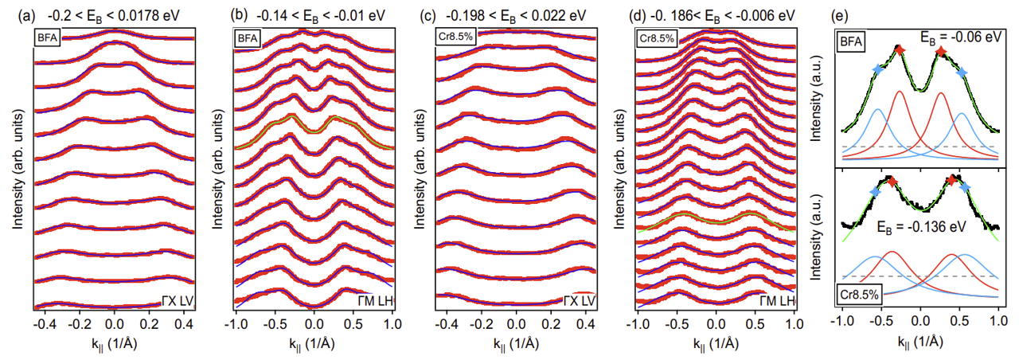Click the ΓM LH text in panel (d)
776,300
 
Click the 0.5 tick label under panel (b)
353,326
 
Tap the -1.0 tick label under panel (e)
841,326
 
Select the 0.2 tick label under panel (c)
552,326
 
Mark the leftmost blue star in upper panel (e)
878,70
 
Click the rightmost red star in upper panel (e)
941,52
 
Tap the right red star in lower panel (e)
951,181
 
